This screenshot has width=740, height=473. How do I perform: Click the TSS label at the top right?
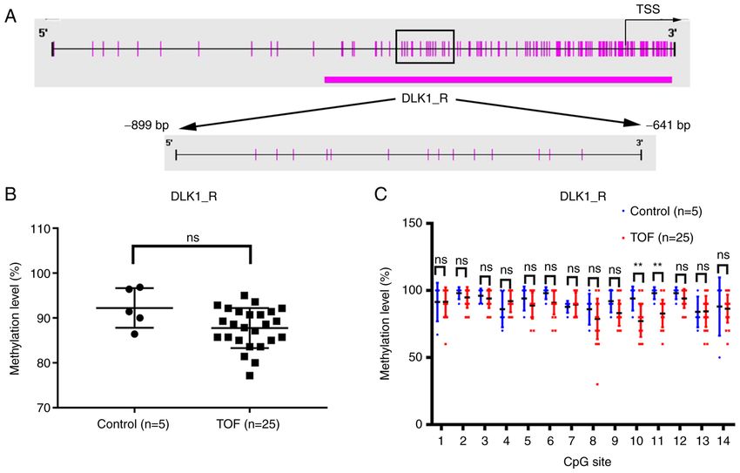pyautogui.click(x=648, y=9)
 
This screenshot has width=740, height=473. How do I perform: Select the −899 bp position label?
pyautogui.click(x=146, y=126)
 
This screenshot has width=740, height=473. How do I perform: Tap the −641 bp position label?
pyautogui.click(x=669, y=125)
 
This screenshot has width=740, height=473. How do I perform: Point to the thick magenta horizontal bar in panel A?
pyautogui.click(x=498, y=79)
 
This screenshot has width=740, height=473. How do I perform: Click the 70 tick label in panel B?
pyautogui.click(x=44, y=408)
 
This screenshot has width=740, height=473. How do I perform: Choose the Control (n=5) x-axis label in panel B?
pyautogui.click(x=133, y=424)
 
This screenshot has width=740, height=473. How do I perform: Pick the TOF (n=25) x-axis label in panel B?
pyautogui.click(x=248, y=424)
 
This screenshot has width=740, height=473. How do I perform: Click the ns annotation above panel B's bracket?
pyautogui.click(x=192, y=238)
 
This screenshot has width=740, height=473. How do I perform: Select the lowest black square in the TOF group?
pyautogui.click(x=250, y=375)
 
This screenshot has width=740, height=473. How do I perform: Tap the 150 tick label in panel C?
pyautogui.click(x=413, y=223)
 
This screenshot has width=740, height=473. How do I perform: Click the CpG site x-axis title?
pyautogui.click(x=584, y=461)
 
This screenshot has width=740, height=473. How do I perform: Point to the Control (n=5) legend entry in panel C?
pyautogui.click(x=662, y=212)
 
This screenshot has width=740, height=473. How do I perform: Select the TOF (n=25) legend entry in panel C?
pyautogui.click(x=658, y=238)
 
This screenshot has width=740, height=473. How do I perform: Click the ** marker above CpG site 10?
pyautogui.click(x=638, y=266)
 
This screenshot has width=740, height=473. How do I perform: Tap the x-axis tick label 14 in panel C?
pyautogui.click(x=724, y=441)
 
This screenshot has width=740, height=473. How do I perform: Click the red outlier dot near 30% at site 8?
pyautogui.click(x=597, y=384)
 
